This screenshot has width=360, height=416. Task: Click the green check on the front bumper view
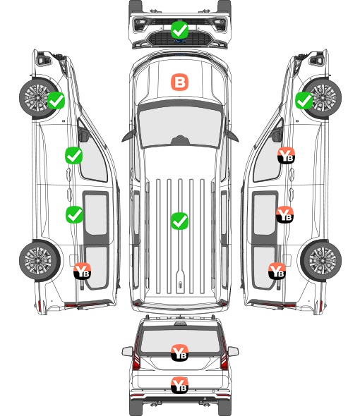click(179, 30)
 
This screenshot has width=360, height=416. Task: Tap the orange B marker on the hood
click(179, 82)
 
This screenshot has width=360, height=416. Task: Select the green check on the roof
click(179, 221)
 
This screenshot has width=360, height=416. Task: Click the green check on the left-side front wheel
click(56, 100)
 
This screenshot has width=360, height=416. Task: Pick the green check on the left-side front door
click(74, 155)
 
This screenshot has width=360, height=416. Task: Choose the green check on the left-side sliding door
click(74, 214)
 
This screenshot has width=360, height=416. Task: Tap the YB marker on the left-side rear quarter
click(83, 271)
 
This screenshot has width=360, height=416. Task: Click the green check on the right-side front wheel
click(304, 100)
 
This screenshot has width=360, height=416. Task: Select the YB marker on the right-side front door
click(286, 155)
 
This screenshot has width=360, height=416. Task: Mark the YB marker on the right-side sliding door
click(284, 214)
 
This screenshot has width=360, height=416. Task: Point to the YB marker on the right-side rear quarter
click(277, 271)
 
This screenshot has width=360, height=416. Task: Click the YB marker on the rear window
click(179, 353)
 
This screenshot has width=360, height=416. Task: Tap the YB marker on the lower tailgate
click(179, 385)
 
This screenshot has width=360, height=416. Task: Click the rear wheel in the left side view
click(40, 261)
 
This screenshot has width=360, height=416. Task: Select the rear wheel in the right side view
click(321, 261)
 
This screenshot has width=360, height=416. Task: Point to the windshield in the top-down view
click(180, 127)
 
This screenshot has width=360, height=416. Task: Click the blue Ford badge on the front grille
click(179, 41)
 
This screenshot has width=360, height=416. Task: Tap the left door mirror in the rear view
click(127, 351)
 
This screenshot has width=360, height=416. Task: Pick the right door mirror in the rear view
click(233, 351)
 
